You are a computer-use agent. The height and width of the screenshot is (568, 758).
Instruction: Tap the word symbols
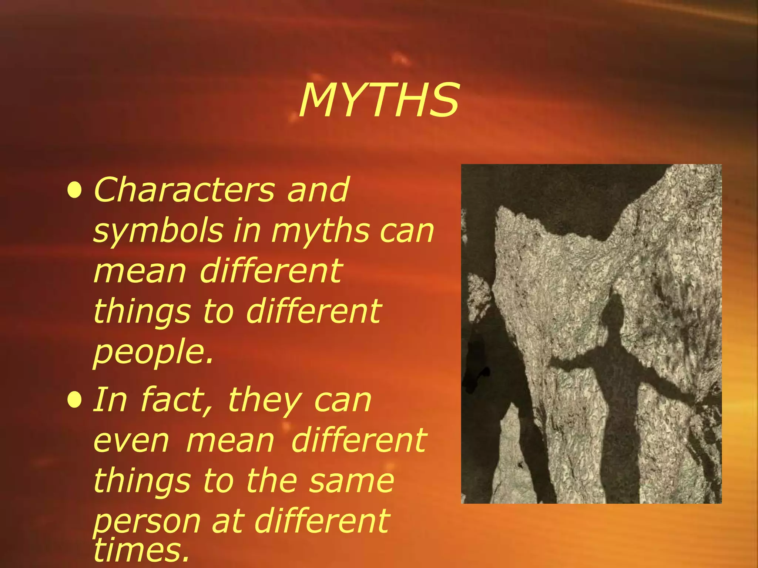[158, 231]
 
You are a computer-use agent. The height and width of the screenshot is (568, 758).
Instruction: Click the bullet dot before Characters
[75, 190]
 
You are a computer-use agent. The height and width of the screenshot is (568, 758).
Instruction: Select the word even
[131, 441]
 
